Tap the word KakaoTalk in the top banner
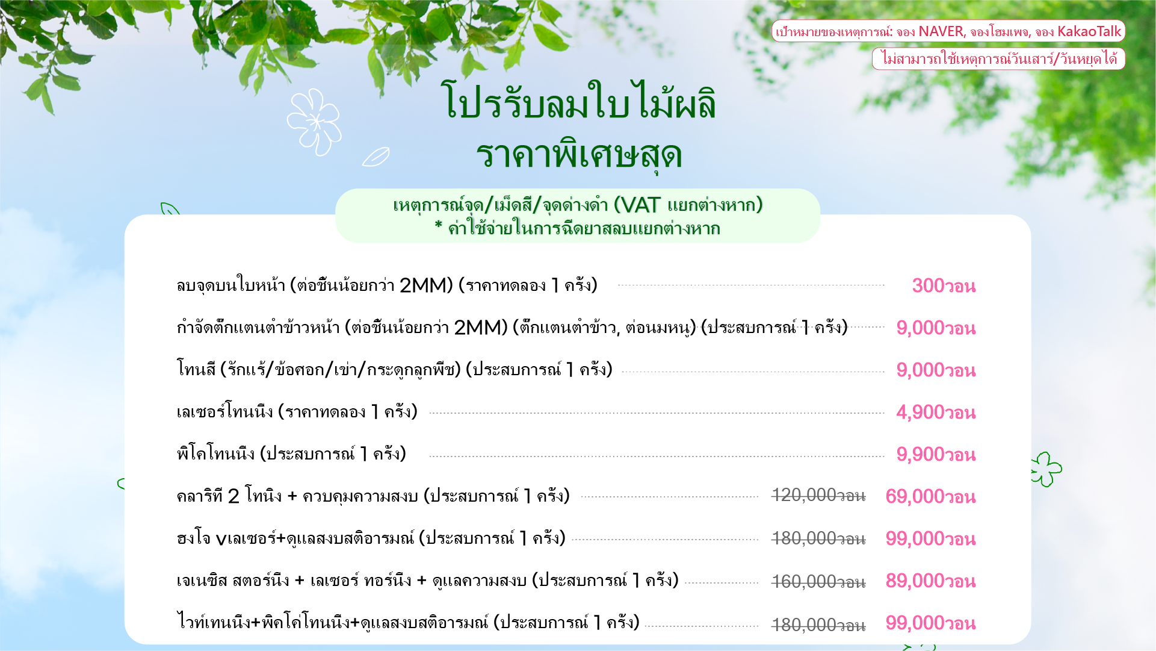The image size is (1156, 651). [1089, 31]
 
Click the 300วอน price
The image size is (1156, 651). [944, 285]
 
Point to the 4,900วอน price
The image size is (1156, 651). [936, 412]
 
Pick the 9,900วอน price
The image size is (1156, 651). [936, 454]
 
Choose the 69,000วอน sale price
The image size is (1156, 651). [930, 496]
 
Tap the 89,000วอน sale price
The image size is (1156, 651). [930, 581]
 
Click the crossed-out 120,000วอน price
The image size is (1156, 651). [818, 496]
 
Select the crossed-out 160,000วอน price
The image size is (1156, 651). [818, 582]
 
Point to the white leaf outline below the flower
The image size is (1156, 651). [376, 157]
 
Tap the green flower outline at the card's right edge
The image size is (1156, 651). [1048, 469]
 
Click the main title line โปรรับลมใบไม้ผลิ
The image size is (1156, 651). [578, 101]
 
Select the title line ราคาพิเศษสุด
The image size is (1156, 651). [578, 155]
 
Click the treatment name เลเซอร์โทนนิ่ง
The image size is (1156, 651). [225, 411]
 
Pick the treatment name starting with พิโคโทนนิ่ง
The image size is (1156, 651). [291, 453]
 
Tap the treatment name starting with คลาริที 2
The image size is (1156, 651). [373, 496]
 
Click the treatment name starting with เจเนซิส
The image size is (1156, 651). [427, 580]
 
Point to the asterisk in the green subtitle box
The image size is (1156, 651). [439, 226]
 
